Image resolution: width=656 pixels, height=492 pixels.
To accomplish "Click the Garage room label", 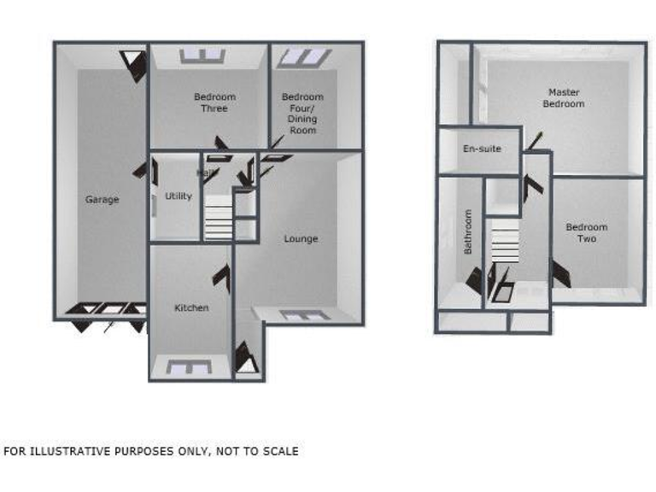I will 102,200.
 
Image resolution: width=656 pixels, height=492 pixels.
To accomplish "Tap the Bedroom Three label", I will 214,102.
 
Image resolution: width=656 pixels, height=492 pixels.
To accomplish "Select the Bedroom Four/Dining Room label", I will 302,114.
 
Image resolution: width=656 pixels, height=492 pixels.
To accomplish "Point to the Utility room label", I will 179,196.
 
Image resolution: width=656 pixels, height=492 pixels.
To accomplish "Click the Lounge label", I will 301,239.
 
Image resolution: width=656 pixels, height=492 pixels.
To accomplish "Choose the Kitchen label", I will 191,307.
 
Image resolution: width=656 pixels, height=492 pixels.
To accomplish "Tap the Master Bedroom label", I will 564,97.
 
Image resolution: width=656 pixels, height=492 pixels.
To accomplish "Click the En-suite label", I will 482,149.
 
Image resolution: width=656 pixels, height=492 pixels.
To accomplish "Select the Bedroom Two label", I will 587,233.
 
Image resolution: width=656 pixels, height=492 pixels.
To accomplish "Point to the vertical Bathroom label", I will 468,232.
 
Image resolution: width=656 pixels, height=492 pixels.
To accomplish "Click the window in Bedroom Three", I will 203,56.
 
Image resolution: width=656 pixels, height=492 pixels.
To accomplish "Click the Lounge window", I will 305,315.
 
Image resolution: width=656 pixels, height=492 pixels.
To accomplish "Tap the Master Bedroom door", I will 536,140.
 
